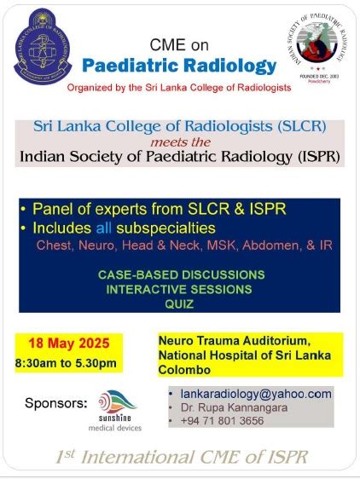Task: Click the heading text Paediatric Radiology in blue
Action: [x=179, y=66]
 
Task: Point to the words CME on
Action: [x=178, y=45]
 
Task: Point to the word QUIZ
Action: [x=181, y=303]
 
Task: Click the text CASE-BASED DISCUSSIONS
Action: [x=181, y=274]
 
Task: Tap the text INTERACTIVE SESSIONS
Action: [x=181, y=289]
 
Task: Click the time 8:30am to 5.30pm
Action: [x=66, y=364]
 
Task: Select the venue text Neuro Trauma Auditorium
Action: [x=228, y=339]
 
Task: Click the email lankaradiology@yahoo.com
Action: [x=255, y=394]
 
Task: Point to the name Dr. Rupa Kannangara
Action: [x=228, y=407]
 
